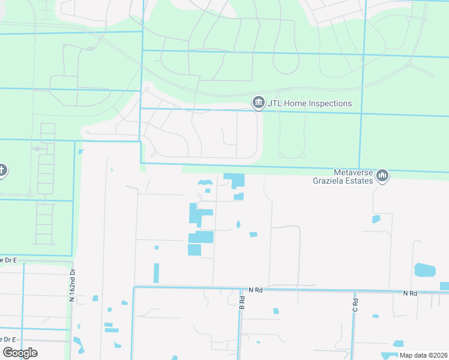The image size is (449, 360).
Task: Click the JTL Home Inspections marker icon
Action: [258, 103]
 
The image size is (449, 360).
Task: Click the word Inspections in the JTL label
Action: [327, 104]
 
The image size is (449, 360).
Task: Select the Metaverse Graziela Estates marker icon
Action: [382, 175]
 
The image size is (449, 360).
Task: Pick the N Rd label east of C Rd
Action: [410, 293]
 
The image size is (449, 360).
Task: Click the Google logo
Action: [20, 353]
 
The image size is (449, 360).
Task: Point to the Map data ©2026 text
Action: [424, 355]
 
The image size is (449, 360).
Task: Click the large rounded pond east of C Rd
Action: [425, 270]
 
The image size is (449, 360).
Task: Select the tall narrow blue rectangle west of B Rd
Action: [157, 273]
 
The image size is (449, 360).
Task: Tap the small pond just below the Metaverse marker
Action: [376, 219]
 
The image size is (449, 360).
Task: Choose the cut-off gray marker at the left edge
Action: [2, 171]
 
